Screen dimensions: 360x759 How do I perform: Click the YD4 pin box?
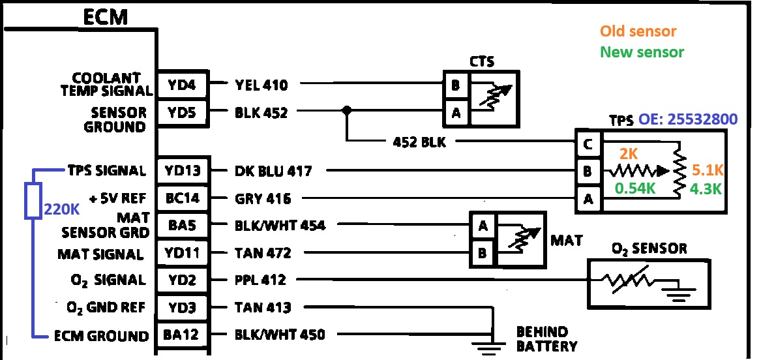183,84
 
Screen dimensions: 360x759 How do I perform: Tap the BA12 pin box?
183,335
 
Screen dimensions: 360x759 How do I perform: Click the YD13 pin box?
183,171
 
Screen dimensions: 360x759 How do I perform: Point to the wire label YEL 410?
261,84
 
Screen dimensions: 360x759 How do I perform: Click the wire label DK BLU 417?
273,171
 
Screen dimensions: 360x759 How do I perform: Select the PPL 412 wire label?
260,280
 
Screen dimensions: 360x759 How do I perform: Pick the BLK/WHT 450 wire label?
280,335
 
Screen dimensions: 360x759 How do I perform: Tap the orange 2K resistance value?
629,154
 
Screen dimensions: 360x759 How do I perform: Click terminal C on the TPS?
588,145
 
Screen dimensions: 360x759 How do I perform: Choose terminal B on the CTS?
454,85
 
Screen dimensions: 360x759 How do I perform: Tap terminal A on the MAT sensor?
483,226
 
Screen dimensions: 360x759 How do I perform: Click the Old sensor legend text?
638,31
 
